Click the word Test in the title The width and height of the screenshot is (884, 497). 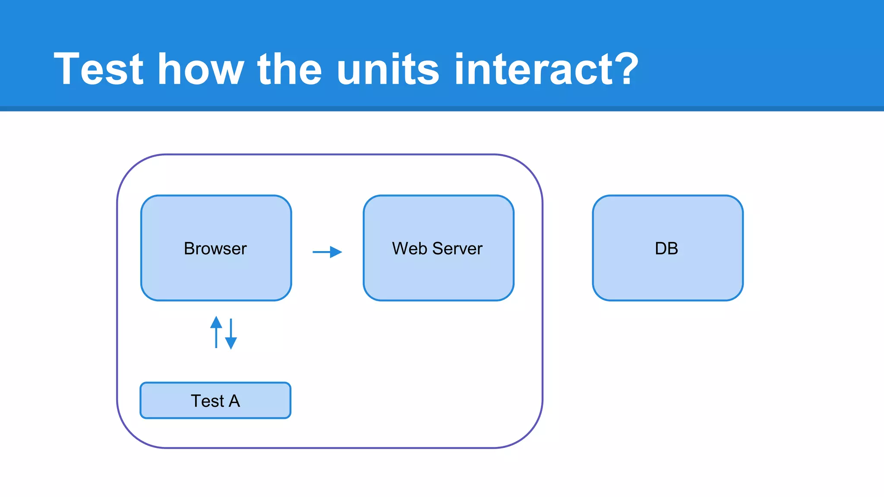98,69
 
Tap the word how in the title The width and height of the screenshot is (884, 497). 201,69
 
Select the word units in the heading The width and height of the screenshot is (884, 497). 388,69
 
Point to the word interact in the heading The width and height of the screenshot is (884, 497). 534,69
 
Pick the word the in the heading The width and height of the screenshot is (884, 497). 290,69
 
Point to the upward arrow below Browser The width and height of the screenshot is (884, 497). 216,332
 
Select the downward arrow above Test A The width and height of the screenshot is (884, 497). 231,333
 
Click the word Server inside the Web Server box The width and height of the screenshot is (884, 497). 457,248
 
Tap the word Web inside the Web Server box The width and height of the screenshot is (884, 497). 409,248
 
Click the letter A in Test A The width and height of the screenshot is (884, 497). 234,401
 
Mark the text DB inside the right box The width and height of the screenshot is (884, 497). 666,248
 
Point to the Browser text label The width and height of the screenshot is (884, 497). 215,248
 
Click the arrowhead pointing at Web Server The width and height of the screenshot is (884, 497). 336,252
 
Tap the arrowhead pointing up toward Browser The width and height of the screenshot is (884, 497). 216,322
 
